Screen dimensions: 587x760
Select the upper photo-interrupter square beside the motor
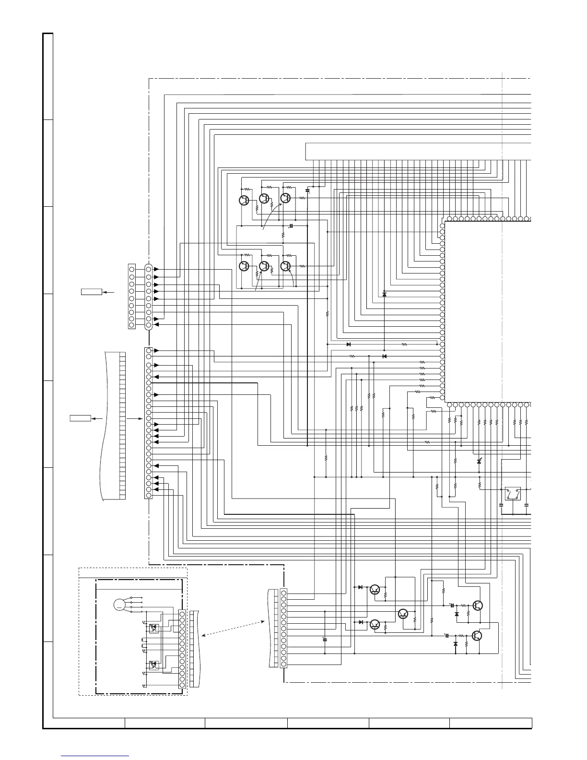pos(153,628)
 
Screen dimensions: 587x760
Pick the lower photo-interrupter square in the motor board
pos(153,665)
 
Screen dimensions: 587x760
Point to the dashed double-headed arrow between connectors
pos(234,628)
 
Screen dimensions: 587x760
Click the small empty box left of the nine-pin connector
pos(92,292)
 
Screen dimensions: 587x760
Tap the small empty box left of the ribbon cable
pos(81,419)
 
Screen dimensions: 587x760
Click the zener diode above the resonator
pos(479,461)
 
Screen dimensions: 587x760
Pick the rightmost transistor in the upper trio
pos(286,198)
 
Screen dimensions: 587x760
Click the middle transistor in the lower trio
pos(264,266)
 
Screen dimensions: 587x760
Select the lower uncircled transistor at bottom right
pos(477,636)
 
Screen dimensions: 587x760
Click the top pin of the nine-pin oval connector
pos(149,270)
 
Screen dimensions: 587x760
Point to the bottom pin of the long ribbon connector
pos(149,495)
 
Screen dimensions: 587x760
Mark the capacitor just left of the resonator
pos(501,505)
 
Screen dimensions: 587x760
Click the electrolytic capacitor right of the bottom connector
pos(325,640)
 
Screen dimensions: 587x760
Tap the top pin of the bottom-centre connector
pos(284,593)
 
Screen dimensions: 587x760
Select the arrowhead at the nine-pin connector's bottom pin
pos(156,325)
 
